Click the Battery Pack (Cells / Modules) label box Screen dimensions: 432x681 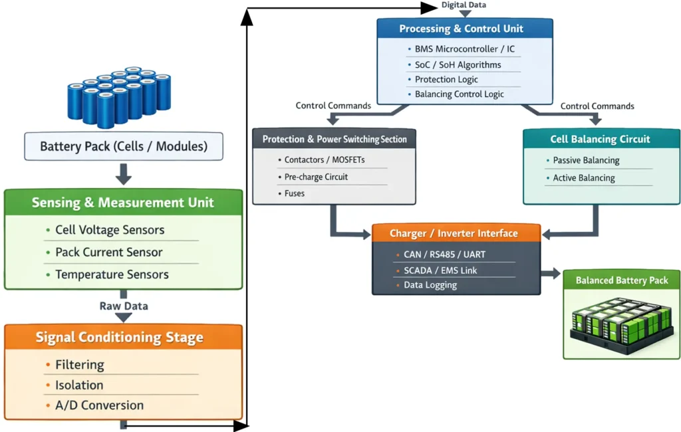pos(124,147)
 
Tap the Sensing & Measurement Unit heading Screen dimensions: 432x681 pos(123,203)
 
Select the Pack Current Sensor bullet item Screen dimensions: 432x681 pos(108,253)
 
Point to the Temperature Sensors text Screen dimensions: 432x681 pos(112,274)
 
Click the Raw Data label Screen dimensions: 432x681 pos(124,306)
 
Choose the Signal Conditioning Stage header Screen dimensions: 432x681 pos(123,338)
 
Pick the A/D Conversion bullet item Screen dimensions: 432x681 pos(99,405)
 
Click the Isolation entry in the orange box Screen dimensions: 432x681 pos(79,385)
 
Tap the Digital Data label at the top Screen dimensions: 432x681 pos(464,5)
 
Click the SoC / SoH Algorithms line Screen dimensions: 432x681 pos(458,65)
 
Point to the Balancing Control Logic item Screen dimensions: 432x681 pos(459,94)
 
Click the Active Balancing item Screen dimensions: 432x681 pos(583,178)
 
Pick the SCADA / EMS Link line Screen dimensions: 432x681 pos(440,270)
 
